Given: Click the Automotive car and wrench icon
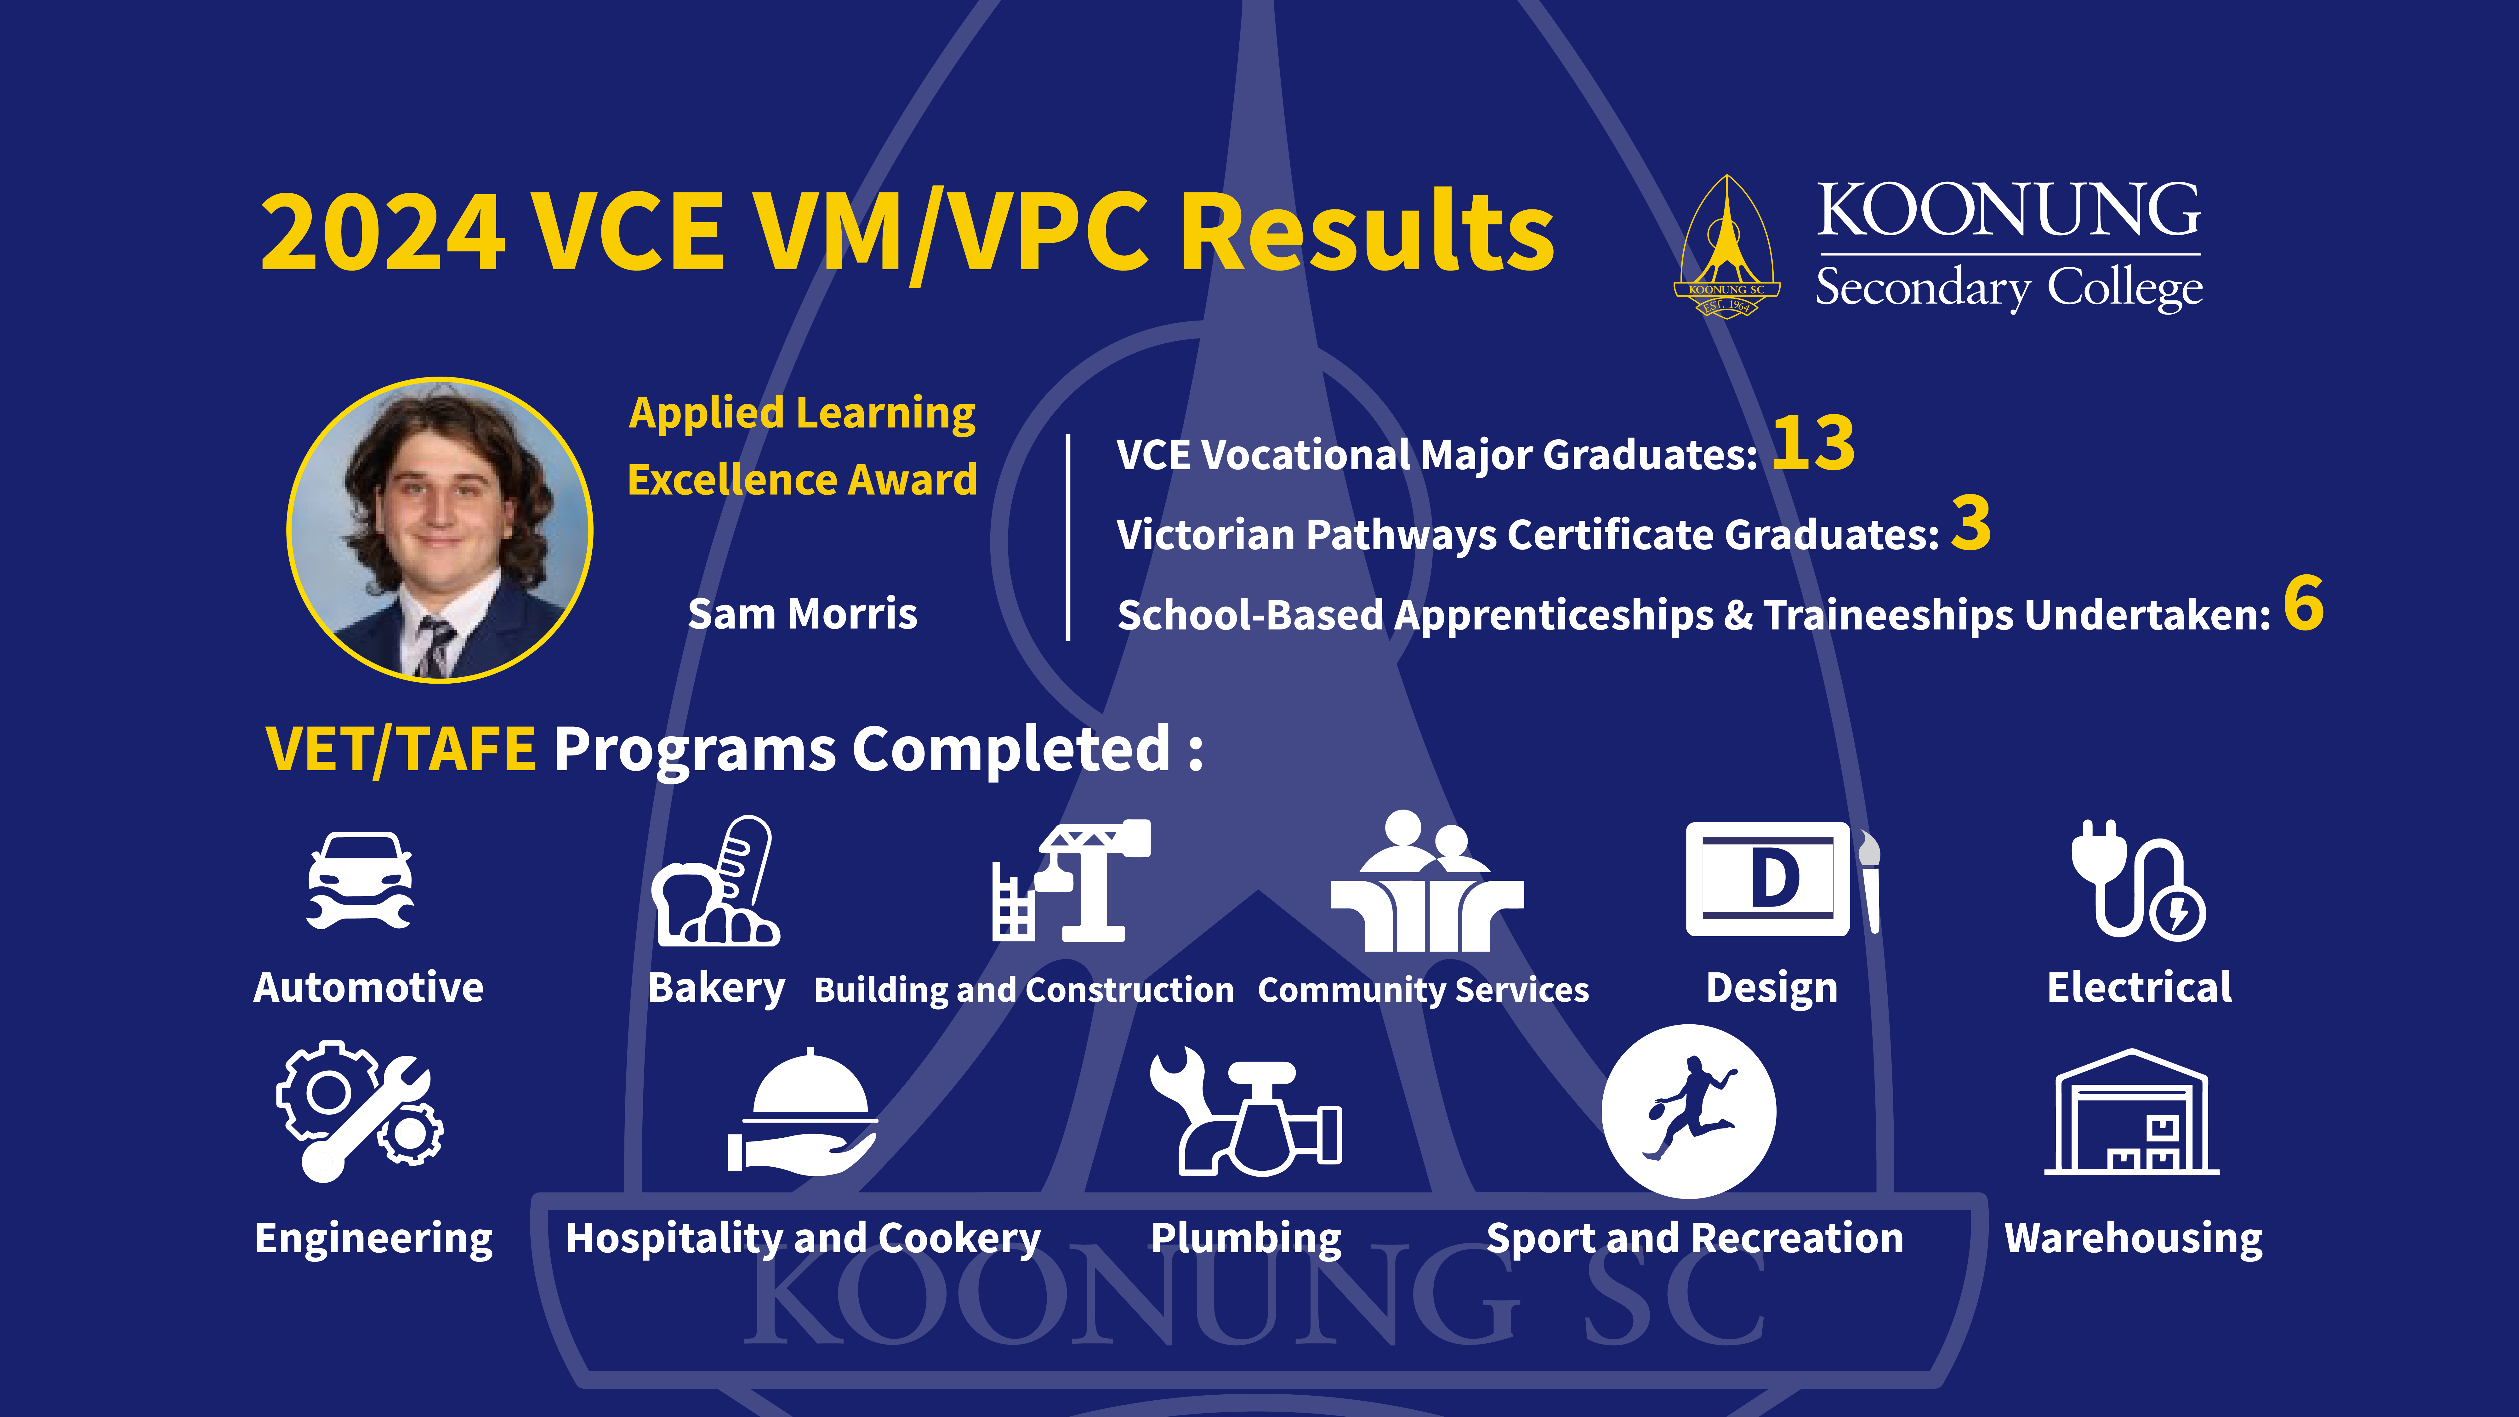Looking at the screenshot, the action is [x=360, y=880].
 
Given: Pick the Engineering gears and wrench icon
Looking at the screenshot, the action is [x=360, y=1112].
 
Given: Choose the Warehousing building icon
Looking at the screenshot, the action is [x=2132, y=1112].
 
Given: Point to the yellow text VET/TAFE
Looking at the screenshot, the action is [x=401, y=750].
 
